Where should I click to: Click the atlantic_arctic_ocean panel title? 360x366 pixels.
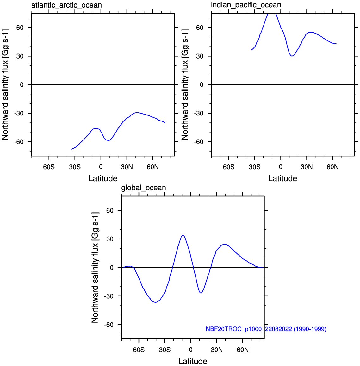(66, 5)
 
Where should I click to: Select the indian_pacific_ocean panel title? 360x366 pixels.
(246, 5)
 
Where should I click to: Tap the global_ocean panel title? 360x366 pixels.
(144, 188)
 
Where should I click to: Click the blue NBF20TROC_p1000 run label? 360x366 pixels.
(266, 329)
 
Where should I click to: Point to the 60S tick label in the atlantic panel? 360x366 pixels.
(49, 167)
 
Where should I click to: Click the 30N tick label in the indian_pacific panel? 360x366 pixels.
(307, 167)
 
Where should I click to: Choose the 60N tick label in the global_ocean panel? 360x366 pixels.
(243, 350)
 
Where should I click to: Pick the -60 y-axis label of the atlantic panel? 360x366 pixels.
(19, 142)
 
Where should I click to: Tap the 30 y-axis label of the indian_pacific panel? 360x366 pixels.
(200, 56)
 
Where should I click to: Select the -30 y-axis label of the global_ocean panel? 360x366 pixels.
(109, 296)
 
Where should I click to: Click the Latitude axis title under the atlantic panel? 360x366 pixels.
(103, 178)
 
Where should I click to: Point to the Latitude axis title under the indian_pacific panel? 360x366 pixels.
(282, 178)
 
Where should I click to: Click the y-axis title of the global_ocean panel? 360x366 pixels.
(95, 268)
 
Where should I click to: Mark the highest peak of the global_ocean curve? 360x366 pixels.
(183, 235)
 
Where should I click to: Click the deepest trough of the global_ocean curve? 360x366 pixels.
(155, 302)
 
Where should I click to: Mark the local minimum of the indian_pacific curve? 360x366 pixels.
(292, 56)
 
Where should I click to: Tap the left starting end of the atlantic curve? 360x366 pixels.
(71, 149)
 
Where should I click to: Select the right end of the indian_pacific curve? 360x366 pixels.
(337, 44)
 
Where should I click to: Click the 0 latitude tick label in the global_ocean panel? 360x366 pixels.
(191, 350)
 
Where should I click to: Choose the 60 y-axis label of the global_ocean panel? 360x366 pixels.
(110, 211)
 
